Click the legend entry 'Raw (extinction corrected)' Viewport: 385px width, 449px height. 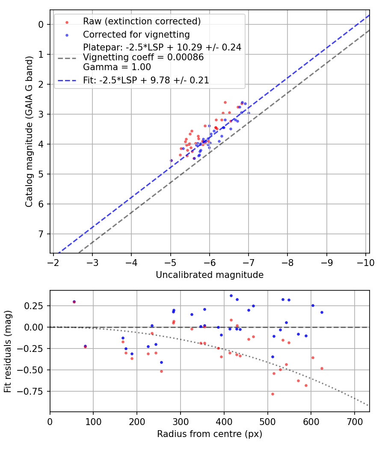(x=142, y=21)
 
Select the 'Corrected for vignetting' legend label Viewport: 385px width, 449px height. (x=136, y=34)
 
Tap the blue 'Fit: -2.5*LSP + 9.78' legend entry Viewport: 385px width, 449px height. (x=146, y=80)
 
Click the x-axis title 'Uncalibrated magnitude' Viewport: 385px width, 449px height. (x=210, y=275)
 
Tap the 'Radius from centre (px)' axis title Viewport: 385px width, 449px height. (x=210, y=434)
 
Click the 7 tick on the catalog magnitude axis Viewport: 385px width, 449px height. (x=41, y=234)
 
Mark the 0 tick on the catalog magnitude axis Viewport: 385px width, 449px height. (x=41, y=24)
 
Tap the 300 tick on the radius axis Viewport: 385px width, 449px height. (x=180, y=421)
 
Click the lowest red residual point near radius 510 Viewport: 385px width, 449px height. (x=272, y=394)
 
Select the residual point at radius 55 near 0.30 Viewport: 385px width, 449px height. (x=74, y=301)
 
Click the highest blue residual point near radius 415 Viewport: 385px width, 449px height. (x=231, y=295)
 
